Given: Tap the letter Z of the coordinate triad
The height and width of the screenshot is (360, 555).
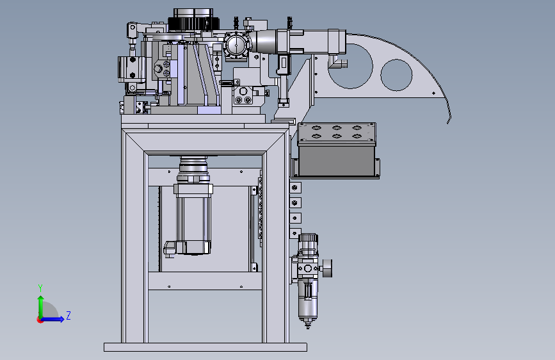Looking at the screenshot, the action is point(68,315).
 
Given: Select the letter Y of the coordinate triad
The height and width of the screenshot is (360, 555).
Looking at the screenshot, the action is point(40,288).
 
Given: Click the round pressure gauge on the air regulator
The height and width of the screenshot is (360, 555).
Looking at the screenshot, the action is point(327,268).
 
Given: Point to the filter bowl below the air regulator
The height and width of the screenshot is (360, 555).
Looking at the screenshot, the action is point(307,299).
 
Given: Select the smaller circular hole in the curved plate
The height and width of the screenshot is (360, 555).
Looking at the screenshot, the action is point(396,75).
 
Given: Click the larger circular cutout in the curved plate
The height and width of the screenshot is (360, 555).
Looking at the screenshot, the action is point(350,66).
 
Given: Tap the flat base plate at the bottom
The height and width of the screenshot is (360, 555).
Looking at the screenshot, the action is point(205,347).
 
